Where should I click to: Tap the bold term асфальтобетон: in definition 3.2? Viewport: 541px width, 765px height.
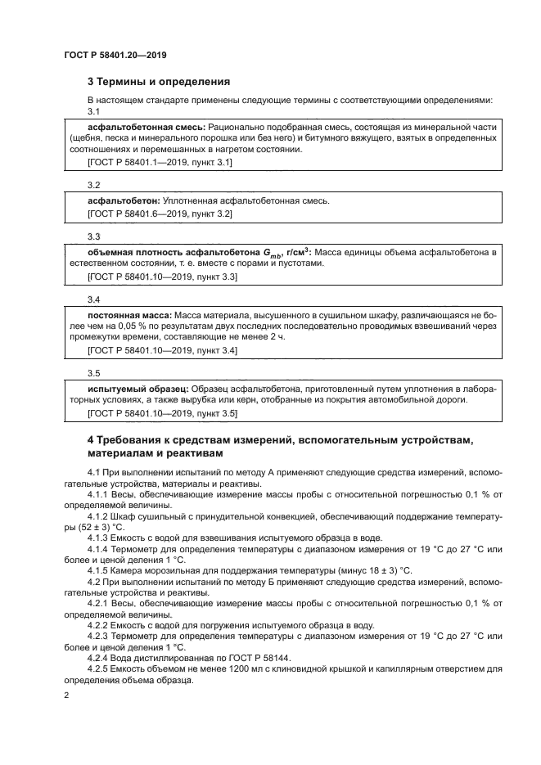click(x=124, y=201)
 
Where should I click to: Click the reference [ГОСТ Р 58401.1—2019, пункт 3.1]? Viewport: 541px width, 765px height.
click(x=160, y=163)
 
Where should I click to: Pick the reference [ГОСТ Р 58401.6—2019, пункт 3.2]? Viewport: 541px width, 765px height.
click(x=160, y=214)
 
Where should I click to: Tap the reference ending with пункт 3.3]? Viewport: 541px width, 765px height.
click(x=162, y=277)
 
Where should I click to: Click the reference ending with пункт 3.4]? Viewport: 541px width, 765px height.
click(x=162, y=350)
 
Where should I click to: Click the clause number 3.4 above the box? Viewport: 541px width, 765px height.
click(x=93, y=299)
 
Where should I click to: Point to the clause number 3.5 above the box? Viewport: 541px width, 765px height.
click(x=93, y=372)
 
